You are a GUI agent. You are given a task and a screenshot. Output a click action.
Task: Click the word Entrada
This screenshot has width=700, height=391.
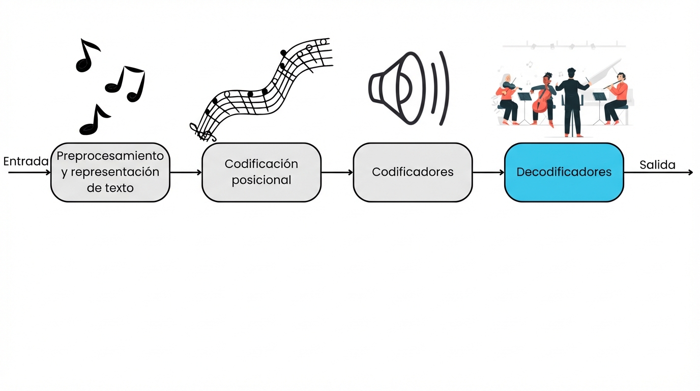tap(26, 161)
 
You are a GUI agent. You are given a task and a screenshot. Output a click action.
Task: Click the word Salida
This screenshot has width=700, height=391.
tap(657, 164)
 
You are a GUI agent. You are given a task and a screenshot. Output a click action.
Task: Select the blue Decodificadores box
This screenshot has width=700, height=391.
tap(564, 172)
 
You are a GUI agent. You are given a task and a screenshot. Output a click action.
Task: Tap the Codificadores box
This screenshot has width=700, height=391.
tap(413, 172)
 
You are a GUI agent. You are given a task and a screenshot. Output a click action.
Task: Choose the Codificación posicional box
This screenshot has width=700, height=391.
tap(261, 172)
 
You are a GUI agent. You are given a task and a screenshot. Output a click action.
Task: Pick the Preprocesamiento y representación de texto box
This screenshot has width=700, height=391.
tap(110, 172)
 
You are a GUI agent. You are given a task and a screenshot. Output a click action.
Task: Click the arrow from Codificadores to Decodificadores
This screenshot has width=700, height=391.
tap(488, 173)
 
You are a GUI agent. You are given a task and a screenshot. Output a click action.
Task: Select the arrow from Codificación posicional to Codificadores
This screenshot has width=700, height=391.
tap(337, 173)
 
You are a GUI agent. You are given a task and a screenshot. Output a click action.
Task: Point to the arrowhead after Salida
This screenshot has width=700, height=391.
tap(690, 173)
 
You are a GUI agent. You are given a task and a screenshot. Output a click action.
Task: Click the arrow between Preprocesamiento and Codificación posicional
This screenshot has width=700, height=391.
tap(186, 173)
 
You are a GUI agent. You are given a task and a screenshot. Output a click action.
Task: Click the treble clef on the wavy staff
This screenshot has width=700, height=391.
tap(201, 132)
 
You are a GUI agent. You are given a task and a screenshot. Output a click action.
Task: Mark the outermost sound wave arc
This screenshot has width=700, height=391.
tap(445, 88)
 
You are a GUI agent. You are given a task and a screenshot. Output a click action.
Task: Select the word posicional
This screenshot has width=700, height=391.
tap(261, 180)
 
